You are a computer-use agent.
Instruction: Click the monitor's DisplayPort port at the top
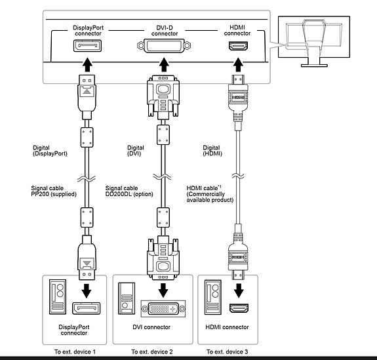click(x=87, y=46)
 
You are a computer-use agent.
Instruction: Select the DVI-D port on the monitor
click(x=164, y=45)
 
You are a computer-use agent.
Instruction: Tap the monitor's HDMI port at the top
click(x=238, y=46)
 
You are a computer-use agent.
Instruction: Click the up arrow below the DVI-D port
click(x=164, y=64)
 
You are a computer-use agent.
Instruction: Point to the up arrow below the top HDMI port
click(x=238, y=64)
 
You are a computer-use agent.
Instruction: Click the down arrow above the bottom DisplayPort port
click(x=87, y=290)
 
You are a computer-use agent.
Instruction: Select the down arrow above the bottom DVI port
click(x=163, y=290)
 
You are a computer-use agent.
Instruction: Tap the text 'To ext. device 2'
click(x=152, y=352)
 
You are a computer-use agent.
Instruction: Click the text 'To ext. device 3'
click(x=228, y=352)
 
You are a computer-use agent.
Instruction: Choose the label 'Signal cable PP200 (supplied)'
click(x=54, y=191)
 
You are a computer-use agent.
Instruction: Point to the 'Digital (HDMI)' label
click(x=212, y=151)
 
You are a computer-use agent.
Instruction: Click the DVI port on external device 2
click(x=163, y=309)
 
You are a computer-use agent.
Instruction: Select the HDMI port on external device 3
click(x=239, y=308)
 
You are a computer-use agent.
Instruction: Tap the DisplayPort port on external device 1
click(x=87, y=308)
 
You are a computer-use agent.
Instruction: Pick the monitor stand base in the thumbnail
click(x=314, y=66)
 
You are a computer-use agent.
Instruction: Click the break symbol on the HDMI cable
click(x=238, y=176)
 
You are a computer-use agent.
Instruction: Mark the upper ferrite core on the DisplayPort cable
click(x=87, y=137)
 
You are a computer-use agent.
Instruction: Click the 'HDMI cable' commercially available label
click(x=210, y=194)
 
